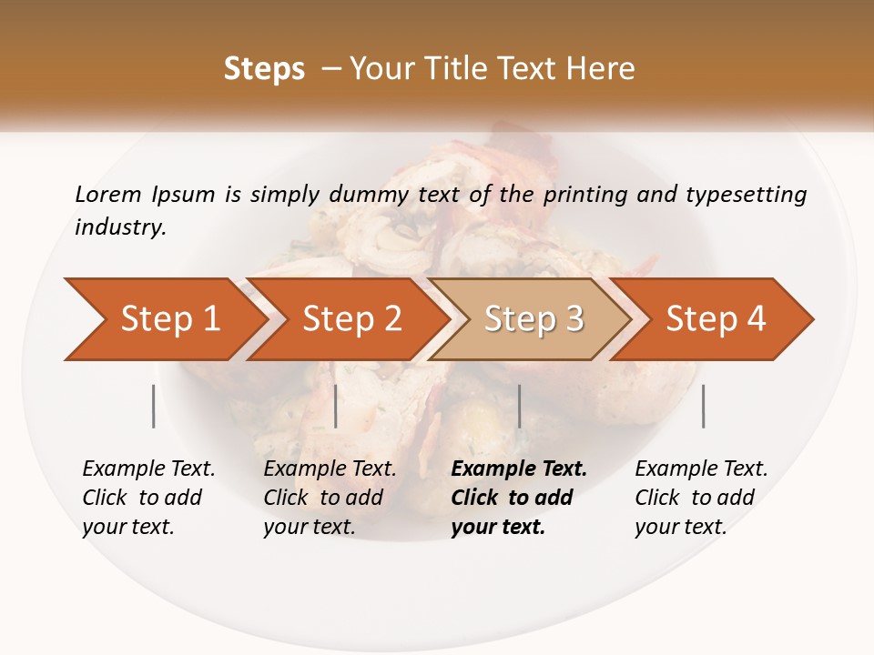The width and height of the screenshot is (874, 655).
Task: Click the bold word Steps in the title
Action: (264, 69)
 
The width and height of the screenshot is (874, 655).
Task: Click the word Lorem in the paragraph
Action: (108, 194)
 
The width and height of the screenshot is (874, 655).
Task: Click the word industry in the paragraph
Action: (120, 227)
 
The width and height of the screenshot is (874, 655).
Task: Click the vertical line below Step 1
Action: (154, 406)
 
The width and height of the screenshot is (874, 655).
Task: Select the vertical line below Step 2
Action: (336, 406)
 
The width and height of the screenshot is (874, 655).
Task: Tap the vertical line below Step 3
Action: (519, 406)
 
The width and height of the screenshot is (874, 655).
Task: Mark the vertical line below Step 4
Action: (704, 406)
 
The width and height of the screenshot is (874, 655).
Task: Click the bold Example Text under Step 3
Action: (519, 469)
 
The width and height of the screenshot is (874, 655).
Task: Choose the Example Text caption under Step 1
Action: (148, 469)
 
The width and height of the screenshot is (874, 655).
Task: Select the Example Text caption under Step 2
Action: (330, 469)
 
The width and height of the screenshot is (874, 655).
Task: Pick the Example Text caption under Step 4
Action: (701, 469)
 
